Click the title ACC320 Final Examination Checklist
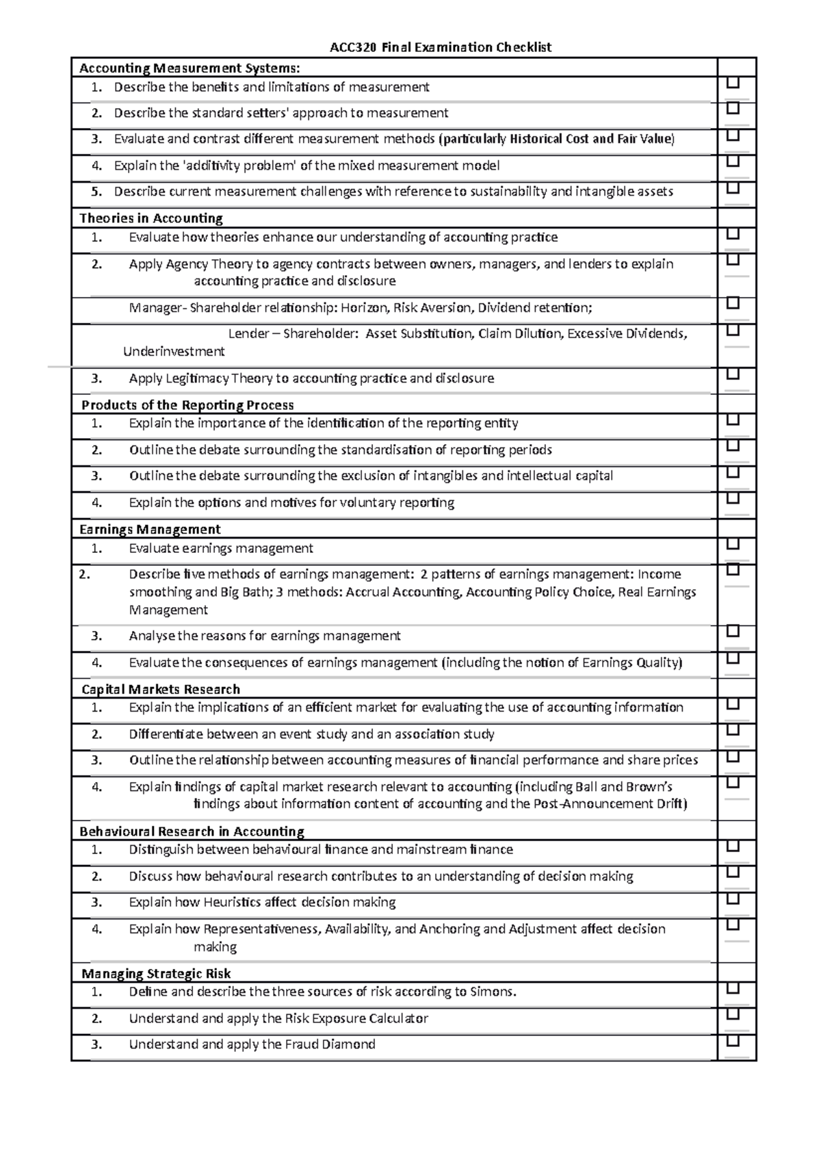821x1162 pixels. [x=441, y=47]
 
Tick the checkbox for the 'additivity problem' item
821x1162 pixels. [x=733, y=162]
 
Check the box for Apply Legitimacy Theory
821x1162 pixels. [x=733, y=374]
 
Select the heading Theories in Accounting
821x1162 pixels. [x=151, y=218]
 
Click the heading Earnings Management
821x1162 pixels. [x=150, y=529]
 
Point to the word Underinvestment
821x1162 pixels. [x=174, y=352]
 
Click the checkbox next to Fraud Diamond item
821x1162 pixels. [x=733, y=1041]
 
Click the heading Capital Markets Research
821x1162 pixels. [x=161, y=689]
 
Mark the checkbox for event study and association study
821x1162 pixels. [x=733, y=730]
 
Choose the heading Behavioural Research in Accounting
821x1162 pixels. [x=192, y=831]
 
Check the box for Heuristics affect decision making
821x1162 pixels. [x=733, y=899]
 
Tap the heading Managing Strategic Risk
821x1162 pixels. [x=156, y=973]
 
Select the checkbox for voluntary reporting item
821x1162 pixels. [x=733, y=499]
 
